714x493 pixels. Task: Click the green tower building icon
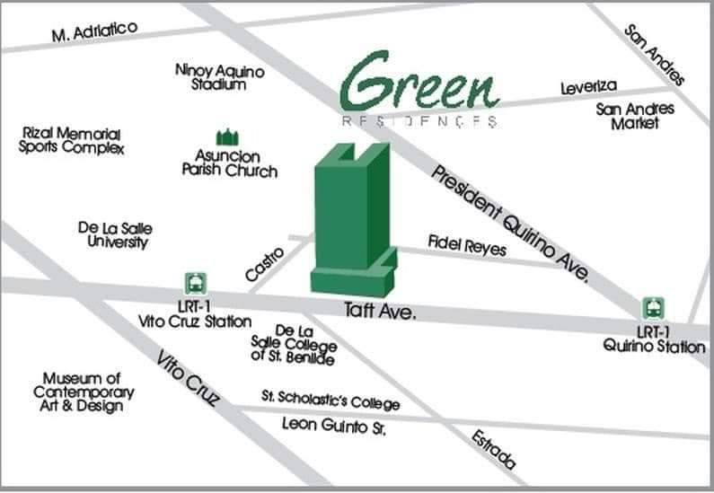click(351, 224)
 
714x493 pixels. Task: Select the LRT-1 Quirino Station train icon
click(653, 308)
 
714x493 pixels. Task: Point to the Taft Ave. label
click(380, 312)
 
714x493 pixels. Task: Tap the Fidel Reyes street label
click(466, 244)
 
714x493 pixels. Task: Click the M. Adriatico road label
click(94, 33)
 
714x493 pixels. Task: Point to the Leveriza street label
click(589, 87)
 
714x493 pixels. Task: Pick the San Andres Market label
click(635, 116)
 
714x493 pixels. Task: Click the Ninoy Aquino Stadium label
click(219, 77)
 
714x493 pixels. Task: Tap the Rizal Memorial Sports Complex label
click(71, 140)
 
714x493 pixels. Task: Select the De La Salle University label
click(113, 235)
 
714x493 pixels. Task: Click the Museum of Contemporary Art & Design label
click(83, 392)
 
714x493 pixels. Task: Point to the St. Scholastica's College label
click(331, 399)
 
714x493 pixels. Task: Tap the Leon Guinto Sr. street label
click(333, 425)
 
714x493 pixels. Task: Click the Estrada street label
click(495, 449)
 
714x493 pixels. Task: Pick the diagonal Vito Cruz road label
click(188, 378)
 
